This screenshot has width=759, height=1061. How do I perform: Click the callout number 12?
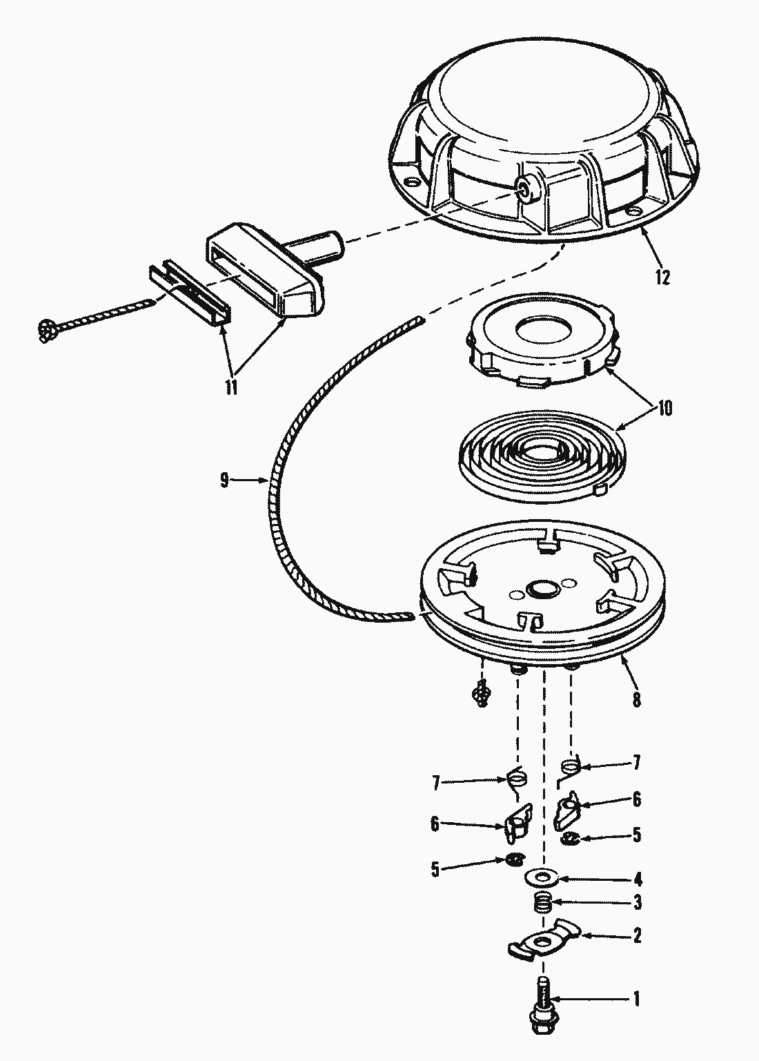662,277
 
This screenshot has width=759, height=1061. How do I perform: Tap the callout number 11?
230,387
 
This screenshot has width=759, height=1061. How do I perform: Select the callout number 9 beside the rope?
224,480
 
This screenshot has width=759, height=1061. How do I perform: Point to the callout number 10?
664,408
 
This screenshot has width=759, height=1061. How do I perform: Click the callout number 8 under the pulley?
636,700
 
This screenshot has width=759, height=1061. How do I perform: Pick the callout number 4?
637,879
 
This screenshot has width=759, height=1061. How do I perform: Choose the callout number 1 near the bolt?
636,999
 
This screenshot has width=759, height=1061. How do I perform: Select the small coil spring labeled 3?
544,902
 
